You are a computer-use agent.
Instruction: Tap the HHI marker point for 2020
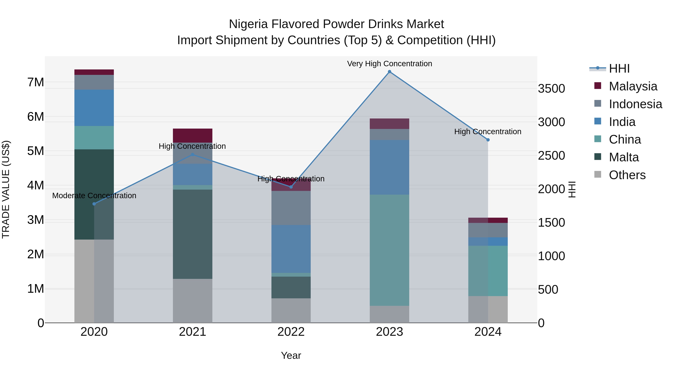(94, 204)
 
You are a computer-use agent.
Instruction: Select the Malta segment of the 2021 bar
(193, 234)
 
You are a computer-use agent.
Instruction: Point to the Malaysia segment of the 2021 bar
(193, 136)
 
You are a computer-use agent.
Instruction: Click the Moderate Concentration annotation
(94, 195)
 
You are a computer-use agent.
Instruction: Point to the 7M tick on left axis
(36, 82)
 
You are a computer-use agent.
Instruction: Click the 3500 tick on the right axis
(551, 89)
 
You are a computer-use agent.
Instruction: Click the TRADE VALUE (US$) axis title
(6, 189)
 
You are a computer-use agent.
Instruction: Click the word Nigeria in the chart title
(248, 24)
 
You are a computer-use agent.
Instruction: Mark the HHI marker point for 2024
(488, 140)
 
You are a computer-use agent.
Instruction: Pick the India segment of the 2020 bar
(94, 108)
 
